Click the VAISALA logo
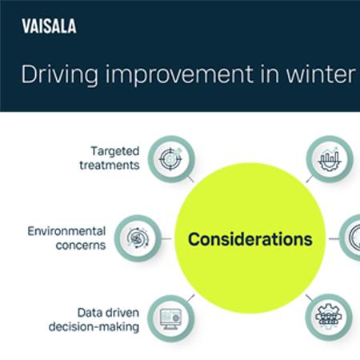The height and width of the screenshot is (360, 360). (49, 27)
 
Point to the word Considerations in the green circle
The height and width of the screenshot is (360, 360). (250, 239)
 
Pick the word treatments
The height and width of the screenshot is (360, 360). (109, 165)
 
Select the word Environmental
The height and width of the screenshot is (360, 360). (66, 230)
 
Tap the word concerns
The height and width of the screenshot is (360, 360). (79, 245)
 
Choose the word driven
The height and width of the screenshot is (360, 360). (123, 312)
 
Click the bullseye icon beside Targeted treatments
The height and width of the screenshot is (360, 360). (170, 157)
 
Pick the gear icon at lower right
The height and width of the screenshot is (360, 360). (330, 318)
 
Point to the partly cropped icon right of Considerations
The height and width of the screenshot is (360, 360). (352, 238)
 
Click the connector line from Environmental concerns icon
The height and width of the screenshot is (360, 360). (167, 238)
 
